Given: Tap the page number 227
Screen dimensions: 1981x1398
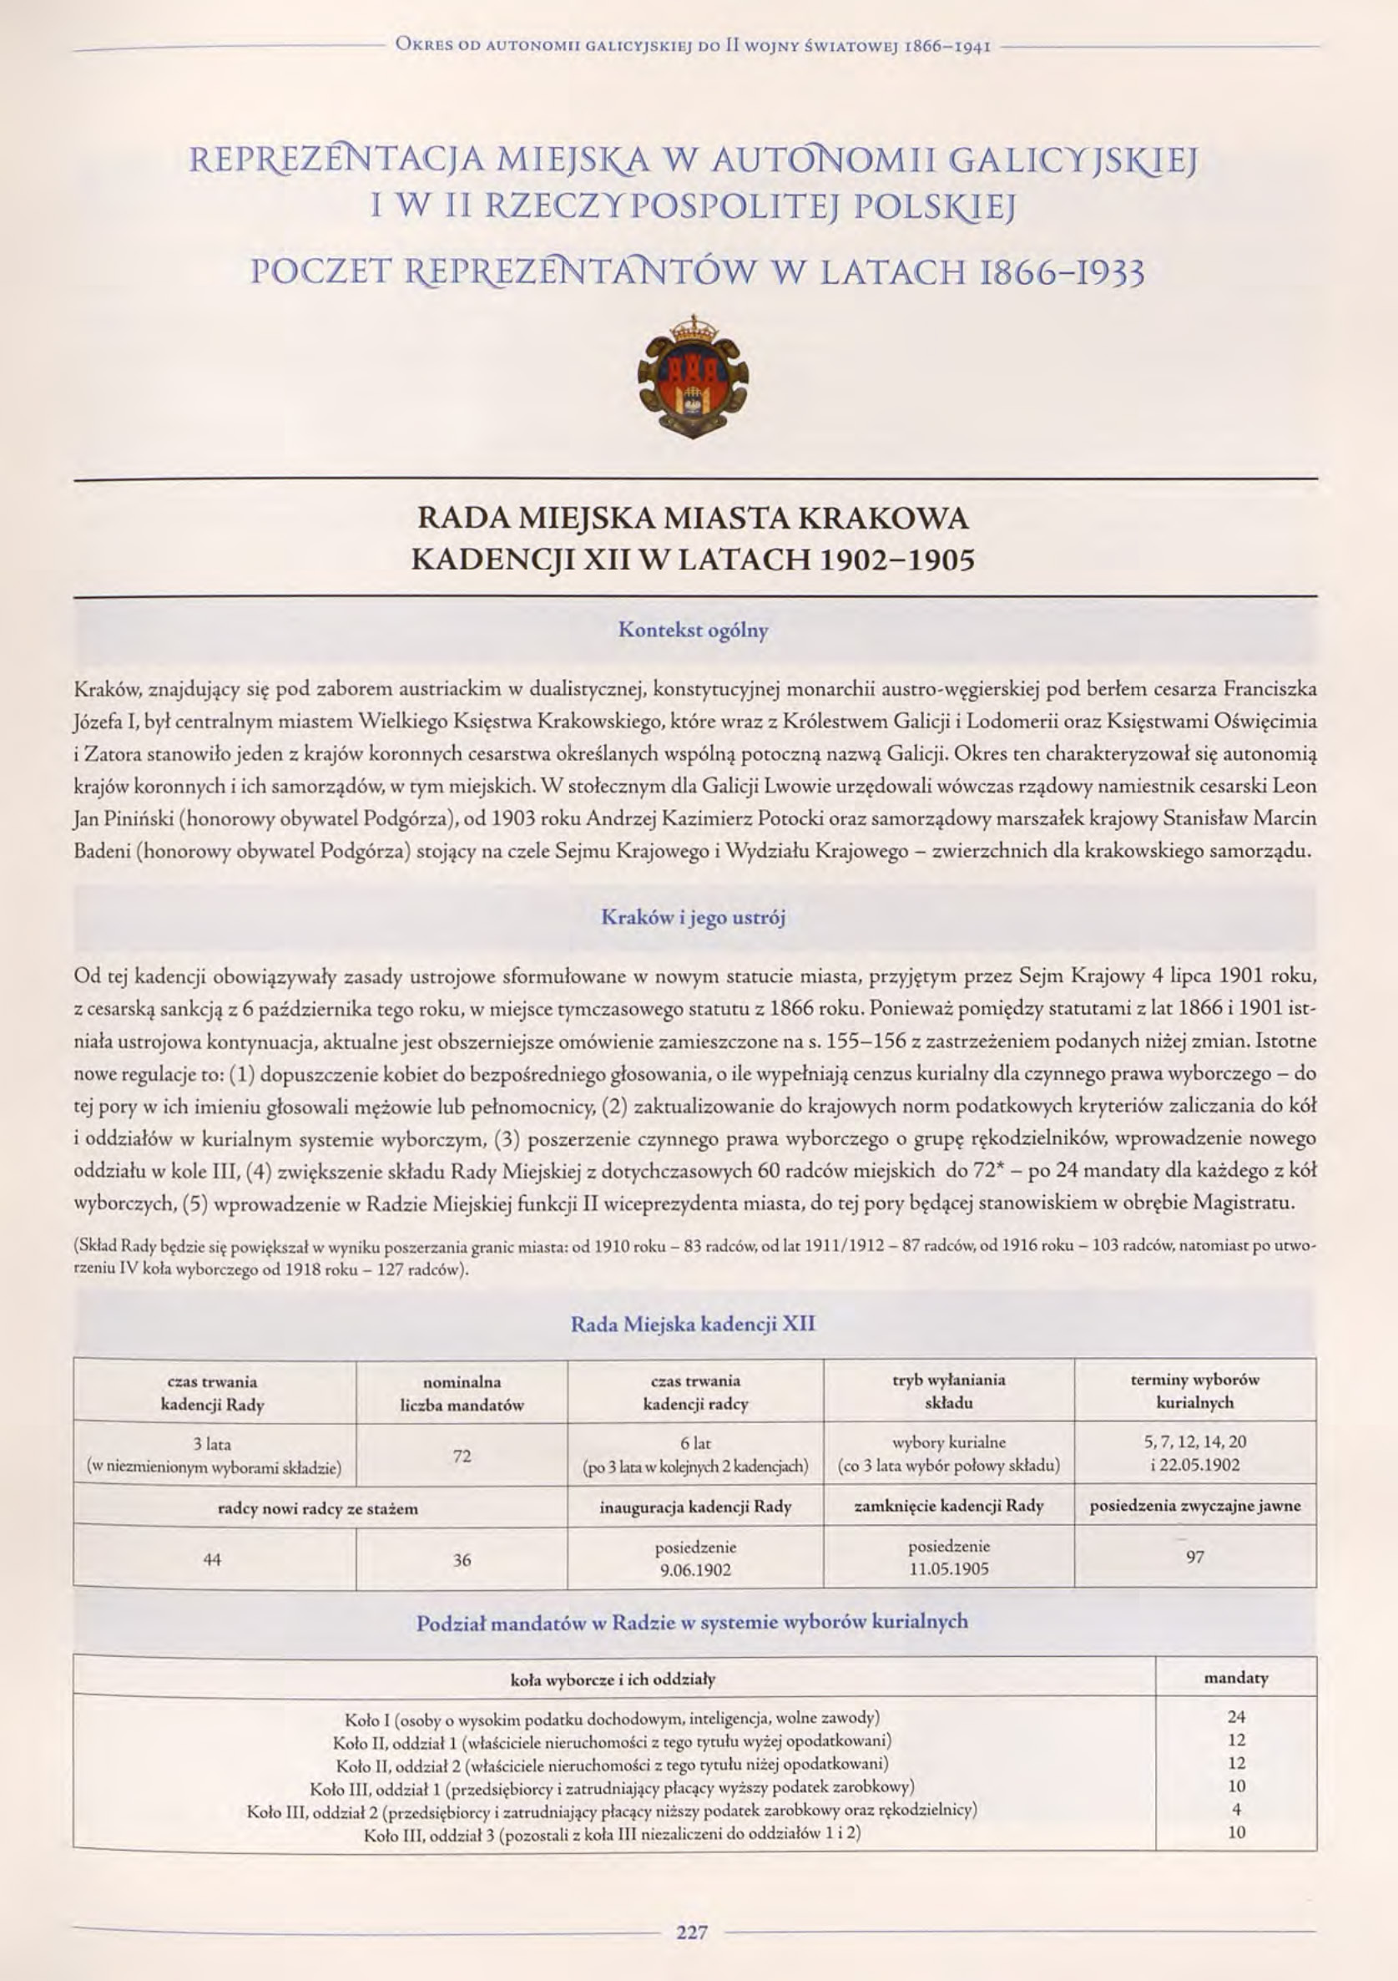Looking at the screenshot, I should tap(692, 1932).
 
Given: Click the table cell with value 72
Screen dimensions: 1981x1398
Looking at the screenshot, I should tap(462, 1457).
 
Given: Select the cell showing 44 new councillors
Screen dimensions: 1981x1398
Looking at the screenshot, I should tap(212, 1560).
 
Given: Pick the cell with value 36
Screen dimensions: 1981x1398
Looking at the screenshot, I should tap(462, 1560).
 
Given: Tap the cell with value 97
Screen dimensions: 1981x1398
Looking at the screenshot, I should tap(1194, 1558).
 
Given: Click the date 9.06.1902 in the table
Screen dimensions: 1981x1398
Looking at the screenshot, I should tap(695, 1570).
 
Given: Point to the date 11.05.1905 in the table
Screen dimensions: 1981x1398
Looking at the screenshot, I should tap(949, 1569).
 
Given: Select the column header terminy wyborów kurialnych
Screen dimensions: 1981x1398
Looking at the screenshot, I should tap(1194, 1391).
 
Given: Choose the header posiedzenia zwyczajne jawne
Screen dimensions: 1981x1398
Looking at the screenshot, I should tap(1194, 1507).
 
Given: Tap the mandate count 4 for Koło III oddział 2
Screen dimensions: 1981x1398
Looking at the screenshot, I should tap(1236, 1809).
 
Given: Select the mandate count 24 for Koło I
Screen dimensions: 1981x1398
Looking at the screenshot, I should tap(1236, 1717).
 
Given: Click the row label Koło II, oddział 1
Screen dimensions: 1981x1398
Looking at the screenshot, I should tap(613, 1740).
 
